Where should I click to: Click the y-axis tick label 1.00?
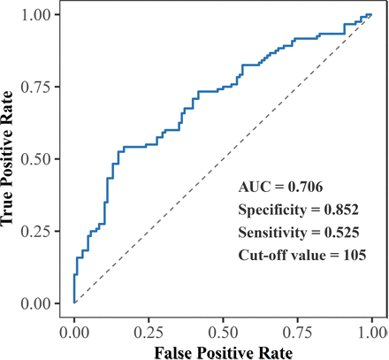[x=42, y=15]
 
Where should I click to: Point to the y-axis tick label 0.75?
[x=42, y=87]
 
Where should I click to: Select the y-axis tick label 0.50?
[x=42, y=159]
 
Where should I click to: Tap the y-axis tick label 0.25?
[x=42, y=232]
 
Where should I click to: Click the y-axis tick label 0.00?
[x=42, y=303]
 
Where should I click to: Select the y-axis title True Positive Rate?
[x=11, y=159]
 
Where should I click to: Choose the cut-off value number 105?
[x=339, y=257]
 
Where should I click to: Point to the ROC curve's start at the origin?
[x=74, y=303]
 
